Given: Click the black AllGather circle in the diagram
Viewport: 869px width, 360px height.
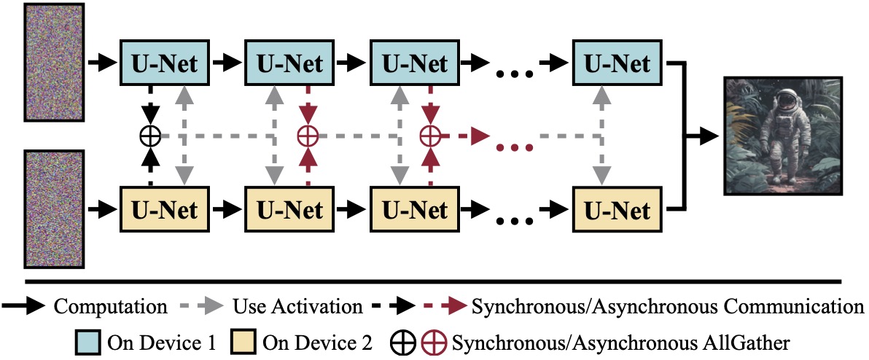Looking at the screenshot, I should coord(150,136).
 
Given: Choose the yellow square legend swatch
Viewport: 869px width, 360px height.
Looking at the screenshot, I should coord(242,341).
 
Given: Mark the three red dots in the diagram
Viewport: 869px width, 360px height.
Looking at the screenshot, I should coord(513,147).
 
